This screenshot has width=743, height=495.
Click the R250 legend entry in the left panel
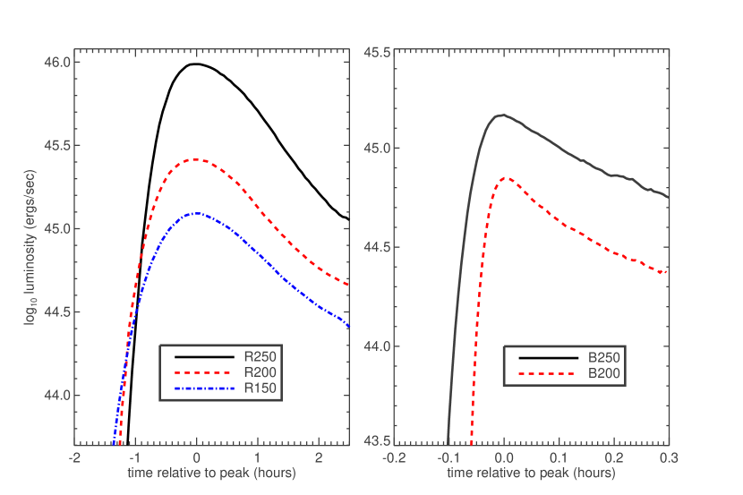pyautogui.click(x=260, y=356)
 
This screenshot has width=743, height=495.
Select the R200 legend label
pyautogui.click(x=260, y=371)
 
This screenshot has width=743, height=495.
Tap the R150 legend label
pyautogui.click(x=260, y=388)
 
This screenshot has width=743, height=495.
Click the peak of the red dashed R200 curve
pyautogui.click(x=196, y=160)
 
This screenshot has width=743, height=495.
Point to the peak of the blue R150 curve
pyautogui.click(x=197, y=213)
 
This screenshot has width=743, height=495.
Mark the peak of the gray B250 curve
pyautogui.click(x=503, y=115)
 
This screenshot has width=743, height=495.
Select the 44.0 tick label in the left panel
pyautogui.click(x=56, y=396)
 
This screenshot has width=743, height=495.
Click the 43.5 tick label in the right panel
pyautogui.click(x=375, y=441)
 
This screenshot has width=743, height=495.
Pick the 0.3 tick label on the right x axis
pyautogui.click(x=668, y=457)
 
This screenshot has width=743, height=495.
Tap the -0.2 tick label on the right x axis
pyautogui.click(x=393, y=457)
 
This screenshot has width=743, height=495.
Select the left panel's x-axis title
pyautogui.click(x=211, y=472)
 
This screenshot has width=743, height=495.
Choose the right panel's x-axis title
pyautogui.click(x=531, y=472)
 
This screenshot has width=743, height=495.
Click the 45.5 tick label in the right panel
pyautogui.click(x=375, y=53)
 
